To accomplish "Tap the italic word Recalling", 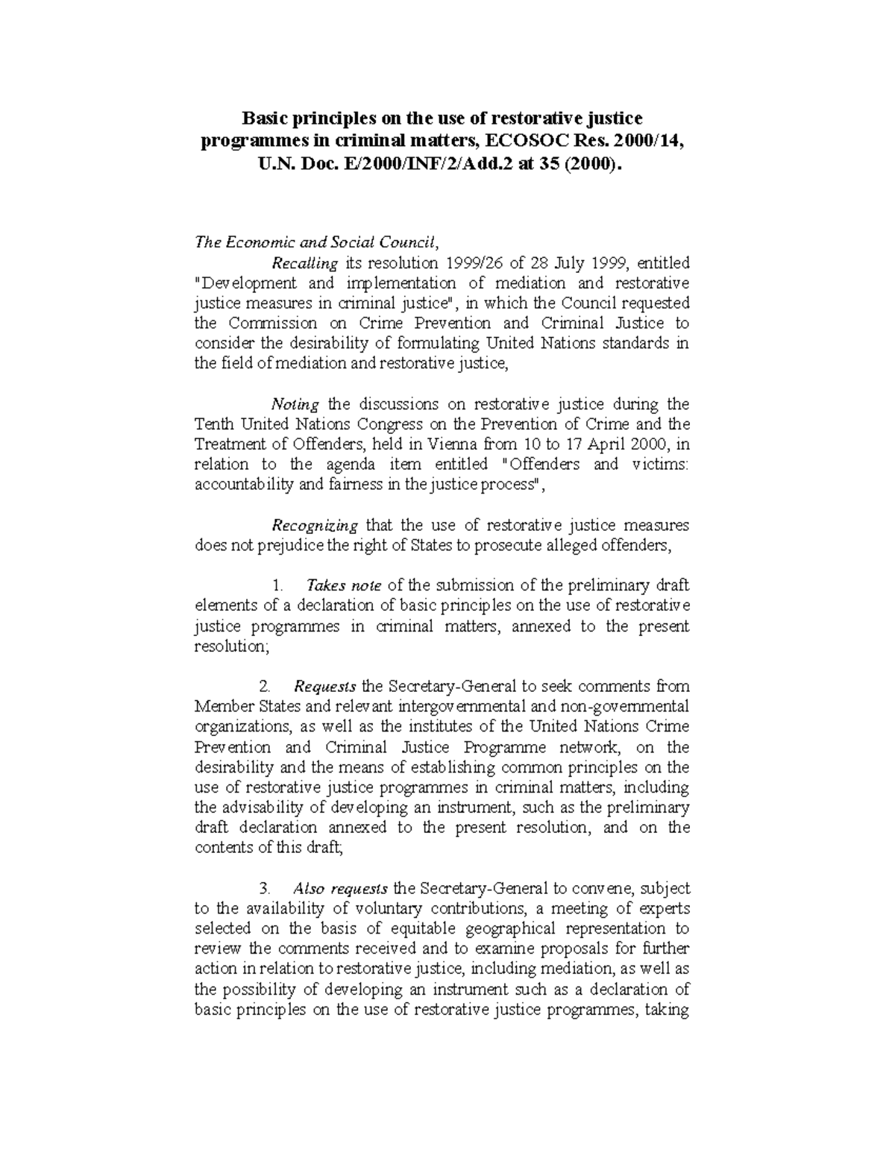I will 306,263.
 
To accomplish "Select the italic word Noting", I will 295,404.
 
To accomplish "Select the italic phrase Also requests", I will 340,888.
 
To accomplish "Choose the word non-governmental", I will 624,706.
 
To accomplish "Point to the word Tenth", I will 214,424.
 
